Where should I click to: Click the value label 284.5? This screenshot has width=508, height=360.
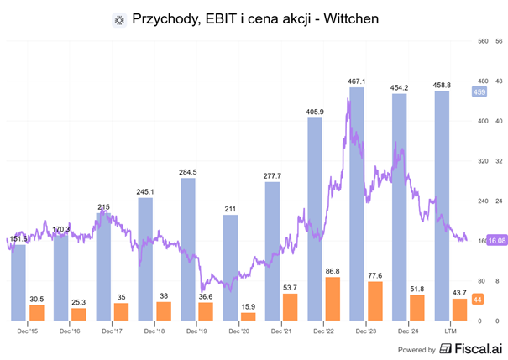pyautogui.click(x=188, y=172)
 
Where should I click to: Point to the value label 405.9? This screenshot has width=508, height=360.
pyautogui.click(x=316, y=112)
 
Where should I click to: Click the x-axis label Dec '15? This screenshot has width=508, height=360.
pyautogui.click(x=28, y=331)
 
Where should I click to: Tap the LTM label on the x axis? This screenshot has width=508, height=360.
pyautogui.click(x=448, y=331)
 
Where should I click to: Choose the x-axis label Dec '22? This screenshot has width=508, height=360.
pyautogui.click(x=322, y=331)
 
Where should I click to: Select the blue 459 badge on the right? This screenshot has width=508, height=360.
pyautogui.click(x=479, y=91)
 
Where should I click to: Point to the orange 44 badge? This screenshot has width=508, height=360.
pyautogui.click(x=477, y=300)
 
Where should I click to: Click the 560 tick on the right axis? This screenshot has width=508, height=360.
pyautogui.click(x=482, y=40)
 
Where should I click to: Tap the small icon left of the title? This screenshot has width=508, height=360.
pyautogui.click(x=118, y=19)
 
